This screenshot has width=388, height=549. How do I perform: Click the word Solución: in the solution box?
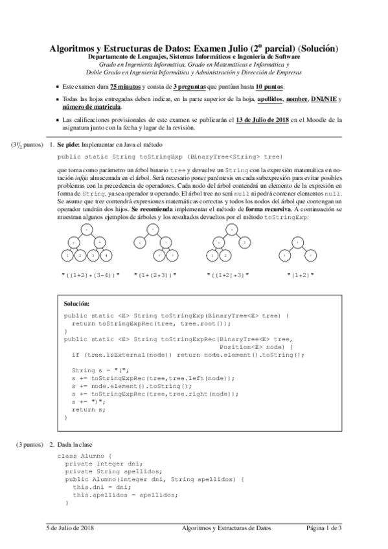(x=77, y=302)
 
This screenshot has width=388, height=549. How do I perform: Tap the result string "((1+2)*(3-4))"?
(x=90, y=275)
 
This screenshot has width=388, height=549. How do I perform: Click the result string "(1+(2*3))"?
(x=155, y=275)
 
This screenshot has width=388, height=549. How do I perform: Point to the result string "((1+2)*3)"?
(x=228, y=275)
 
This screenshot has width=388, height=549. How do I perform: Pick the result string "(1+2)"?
(x=299, y=275)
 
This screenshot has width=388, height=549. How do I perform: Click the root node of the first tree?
(x=87, y=230)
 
